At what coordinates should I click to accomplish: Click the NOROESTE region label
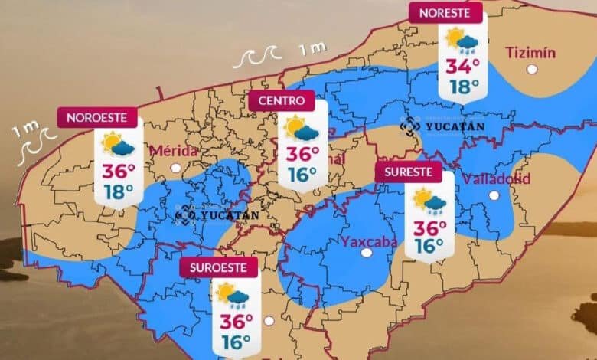[97, 118]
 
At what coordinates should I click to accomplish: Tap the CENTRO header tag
[281, 100]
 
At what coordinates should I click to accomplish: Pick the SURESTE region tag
[409, 172]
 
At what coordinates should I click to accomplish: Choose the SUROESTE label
[218, 268]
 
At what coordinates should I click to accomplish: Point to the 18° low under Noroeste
[119, 191]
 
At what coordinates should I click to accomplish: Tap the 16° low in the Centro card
[302, 175]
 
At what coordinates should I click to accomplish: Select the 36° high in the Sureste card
[429, 227]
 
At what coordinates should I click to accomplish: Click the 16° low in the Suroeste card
[237, 342]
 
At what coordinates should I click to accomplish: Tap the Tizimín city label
[530, 52]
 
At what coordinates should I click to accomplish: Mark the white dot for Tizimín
[531, 70]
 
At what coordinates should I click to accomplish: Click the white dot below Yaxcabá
[367, 252]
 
